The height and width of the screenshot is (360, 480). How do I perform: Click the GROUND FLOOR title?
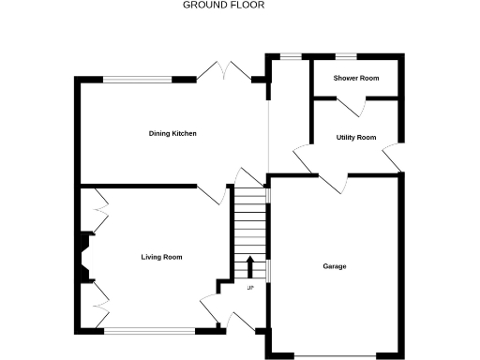point(223,5)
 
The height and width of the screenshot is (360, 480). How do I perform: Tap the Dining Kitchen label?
point(172,133)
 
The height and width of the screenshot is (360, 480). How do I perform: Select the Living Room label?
point(161,257)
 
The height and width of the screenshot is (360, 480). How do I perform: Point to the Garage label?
point(335,266)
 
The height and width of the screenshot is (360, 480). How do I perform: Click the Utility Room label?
point(356,138)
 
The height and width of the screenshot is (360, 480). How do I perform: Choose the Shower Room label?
point(356,78)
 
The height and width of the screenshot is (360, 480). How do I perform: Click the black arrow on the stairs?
point(250,265)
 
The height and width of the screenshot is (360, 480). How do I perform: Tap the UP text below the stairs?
point(250,288)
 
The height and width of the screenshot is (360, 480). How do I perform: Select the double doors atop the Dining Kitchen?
point(226,71)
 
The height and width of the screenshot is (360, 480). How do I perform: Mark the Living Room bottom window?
point(150,329)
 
